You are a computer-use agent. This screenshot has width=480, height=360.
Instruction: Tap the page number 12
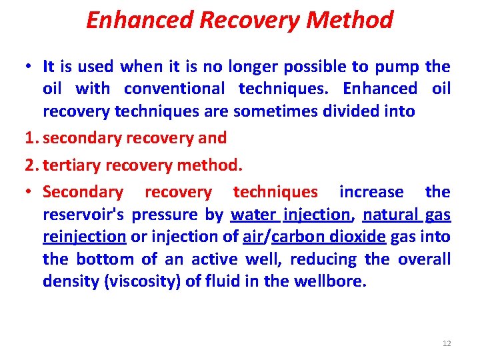(447, 343)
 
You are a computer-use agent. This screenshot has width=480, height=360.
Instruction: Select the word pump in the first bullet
(397, 67)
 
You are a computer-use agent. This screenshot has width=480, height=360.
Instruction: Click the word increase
(371, 192)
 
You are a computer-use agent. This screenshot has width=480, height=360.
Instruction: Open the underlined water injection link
(291, 215)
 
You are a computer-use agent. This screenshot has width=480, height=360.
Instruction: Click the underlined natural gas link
(407, 215)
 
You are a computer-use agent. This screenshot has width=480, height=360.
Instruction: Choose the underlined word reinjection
(85, 237)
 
